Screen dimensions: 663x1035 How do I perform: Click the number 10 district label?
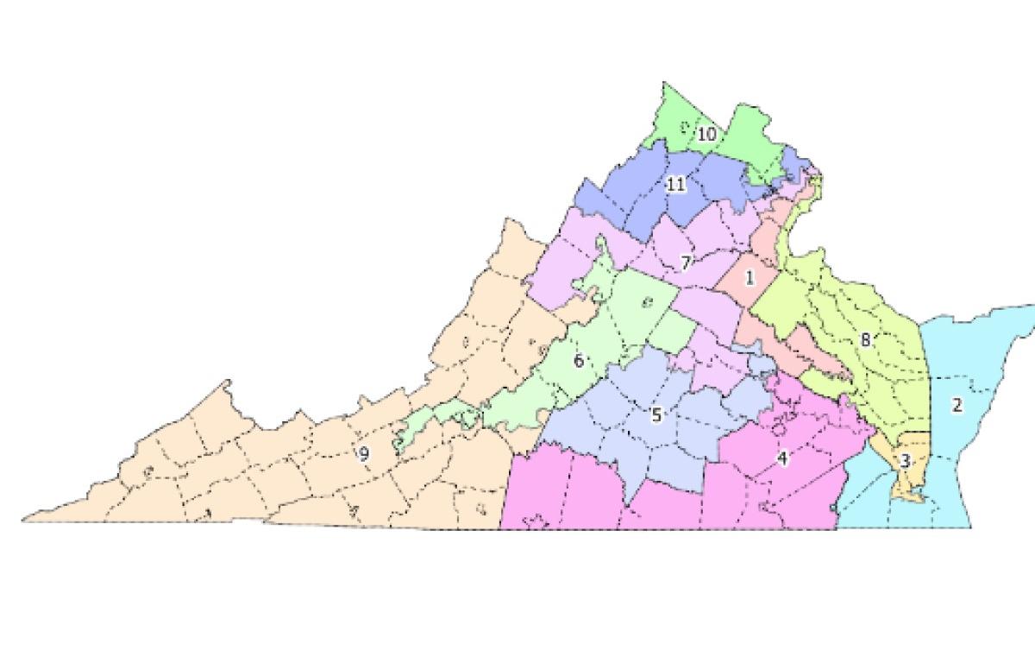706,135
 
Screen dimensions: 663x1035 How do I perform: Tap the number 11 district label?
675,184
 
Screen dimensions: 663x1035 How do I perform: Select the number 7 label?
686,263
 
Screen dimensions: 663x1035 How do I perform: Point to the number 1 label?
750,278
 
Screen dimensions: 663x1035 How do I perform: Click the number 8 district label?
865,340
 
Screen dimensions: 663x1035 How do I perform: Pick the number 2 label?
957,405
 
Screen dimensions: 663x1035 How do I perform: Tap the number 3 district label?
904,461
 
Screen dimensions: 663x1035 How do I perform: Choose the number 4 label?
782,458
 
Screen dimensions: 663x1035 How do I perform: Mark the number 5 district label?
655,415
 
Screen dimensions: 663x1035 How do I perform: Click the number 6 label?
579,361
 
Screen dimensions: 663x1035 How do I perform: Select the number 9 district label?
364,453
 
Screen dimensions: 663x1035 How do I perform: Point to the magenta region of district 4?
569,492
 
